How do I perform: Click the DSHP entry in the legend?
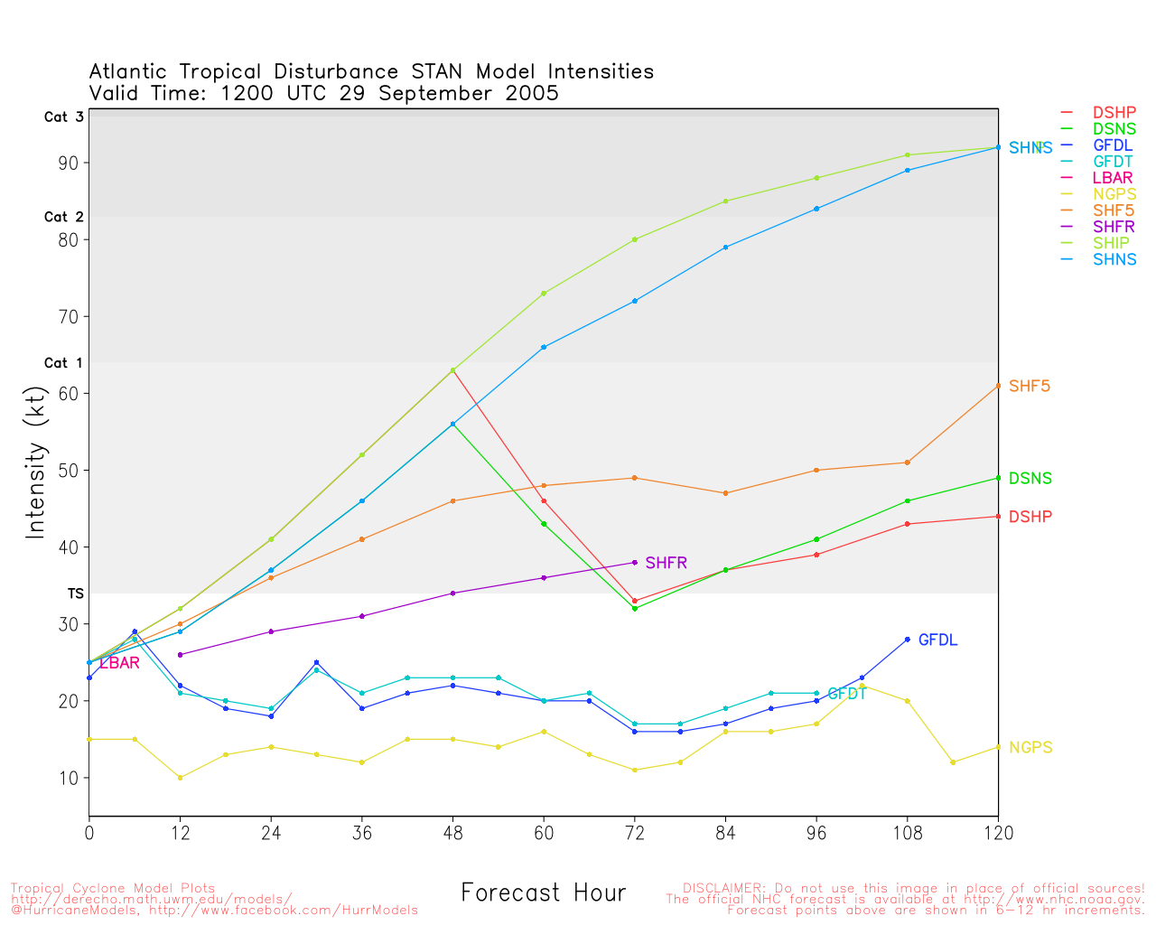pos(1114,113)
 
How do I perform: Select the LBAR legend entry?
pos(1113,178)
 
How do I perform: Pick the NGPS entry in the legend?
pos(1114,194)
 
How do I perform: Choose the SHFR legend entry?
pos(1114,227)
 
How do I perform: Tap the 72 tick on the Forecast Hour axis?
pos(635,834)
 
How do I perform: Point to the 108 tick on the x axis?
pos(907,834)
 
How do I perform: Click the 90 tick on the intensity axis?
pos(70,163)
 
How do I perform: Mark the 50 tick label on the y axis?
pos(70,471)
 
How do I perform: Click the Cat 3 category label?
pos(63,117)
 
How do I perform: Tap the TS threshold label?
pos(76,593)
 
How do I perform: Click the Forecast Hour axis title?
pos(543,893)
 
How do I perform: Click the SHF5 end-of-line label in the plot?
pos(1030,387)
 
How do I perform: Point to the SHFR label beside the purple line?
pos(666,563)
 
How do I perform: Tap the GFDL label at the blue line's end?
pos(937,640)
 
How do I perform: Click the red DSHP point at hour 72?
pos(635,601)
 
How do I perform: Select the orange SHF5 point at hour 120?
pos(998,386)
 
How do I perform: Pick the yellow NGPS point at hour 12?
pos(180,778)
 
